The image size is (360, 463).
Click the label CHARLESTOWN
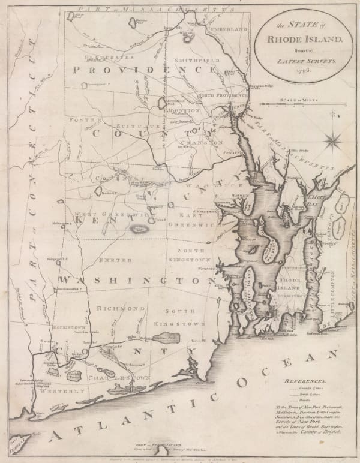122,378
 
